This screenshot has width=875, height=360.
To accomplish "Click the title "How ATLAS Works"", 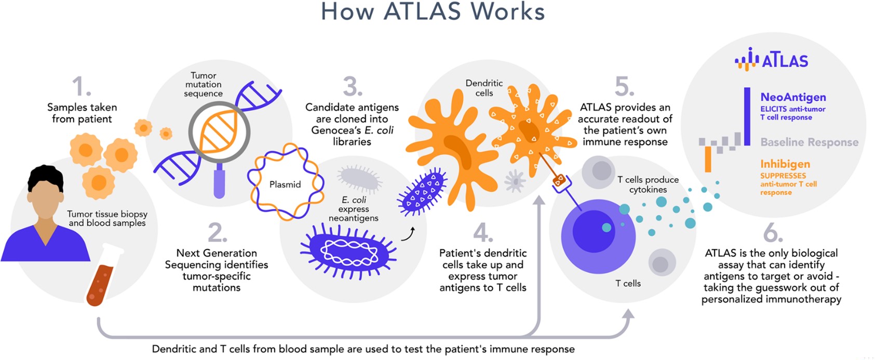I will point(433,11).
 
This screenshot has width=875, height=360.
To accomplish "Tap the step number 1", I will point(81,87).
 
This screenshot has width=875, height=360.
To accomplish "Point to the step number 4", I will point(482,233).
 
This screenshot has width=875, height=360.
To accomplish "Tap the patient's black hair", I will point(45,177).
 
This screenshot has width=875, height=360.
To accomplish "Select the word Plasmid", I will point(285,184).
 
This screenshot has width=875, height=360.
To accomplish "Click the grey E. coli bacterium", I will point(359,178).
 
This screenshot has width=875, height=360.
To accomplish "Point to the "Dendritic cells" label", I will point(484,88).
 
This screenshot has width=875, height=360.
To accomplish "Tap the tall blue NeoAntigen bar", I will point(747,116).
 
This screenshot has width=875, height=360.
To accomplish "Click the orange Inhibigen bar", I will point(708,159).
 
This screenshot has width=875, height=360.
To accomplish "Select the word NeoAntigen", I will point(793,97).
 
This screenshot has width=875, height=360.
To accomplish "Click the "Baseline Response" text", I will point(809,142).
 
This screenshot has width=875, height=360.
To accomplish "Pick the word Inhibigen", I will point(785,164).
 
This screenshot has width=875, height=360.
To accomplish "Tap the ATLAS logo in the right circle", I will point(772,60).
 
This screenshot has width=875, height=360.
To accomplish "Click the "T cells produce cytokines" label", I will point(648,184).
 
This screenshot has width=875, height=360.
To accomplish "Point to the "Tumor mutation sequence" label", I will point(203,85).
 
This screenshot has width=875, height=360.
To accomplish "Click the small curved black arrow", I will point(408,234).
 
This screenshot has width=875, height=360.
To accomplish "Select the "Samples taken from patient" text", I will point(82,113).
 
